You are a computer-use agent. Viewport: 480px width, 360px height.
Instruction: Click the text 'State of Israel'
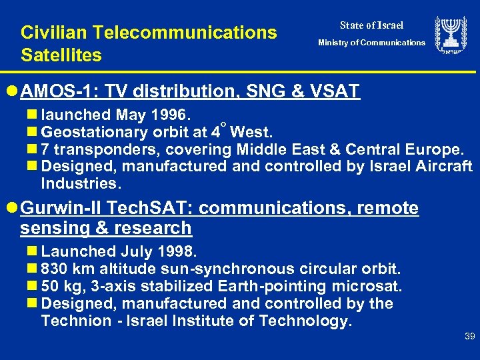tap(371, 25)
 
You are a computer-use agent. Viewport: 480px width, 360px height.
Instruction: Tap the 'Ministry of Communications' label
tap(371, 43)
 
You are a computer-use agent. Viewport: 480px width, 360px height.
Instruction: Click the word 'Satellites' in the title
tap(61, 55)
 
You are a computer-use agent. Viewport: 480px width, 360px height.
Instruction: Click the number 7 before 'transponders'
tap(45, 148)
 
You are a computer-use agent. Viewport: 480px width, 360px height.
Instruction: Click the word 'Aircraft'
tap(441, 165)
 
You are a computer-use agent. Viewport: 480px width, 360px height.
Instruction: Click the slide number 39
tap(469, 337)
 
